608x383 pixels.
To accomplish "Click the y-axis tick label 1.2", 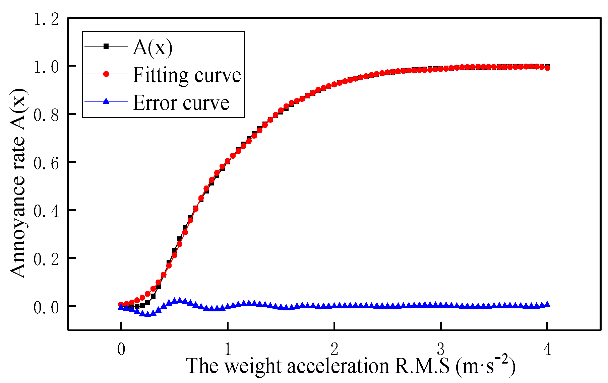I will (x=46, y=19).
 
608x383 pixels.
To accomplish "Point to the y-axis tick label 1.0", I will (x=46, y=67).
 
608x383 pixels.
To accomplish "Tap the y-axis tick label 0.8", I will (x=46, y=115).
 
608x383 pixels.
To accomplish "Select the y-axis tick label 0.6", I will (x=46, y=163).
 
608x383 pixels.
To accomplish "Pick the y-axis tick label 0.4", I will (x=46, y=211).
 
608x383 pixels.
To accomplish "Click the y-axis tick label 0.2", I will (x=46, y=259).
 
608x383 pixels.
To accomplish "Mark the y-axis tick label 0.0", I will (x=46, y=307).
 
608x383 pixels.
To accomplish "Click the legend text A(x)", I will (x=153, y=47).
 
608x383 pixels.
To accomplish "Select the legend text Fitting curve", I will (x=187, y=75).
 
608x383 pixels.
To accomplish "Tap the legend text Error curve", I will (x=181, y=102).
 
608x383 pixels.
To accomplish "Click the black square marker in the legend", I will (x=106, y=46).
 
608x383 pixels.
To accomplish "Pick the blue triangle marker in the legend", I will (x=106, y=101).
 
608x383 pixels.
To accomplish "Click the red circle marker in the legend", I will (x=106, y=74).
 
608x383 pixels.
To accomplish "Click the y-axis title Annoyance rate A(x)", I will (x=17, y=183).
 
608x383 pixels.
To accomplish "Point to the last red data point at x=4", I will (x=547, y=68).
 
